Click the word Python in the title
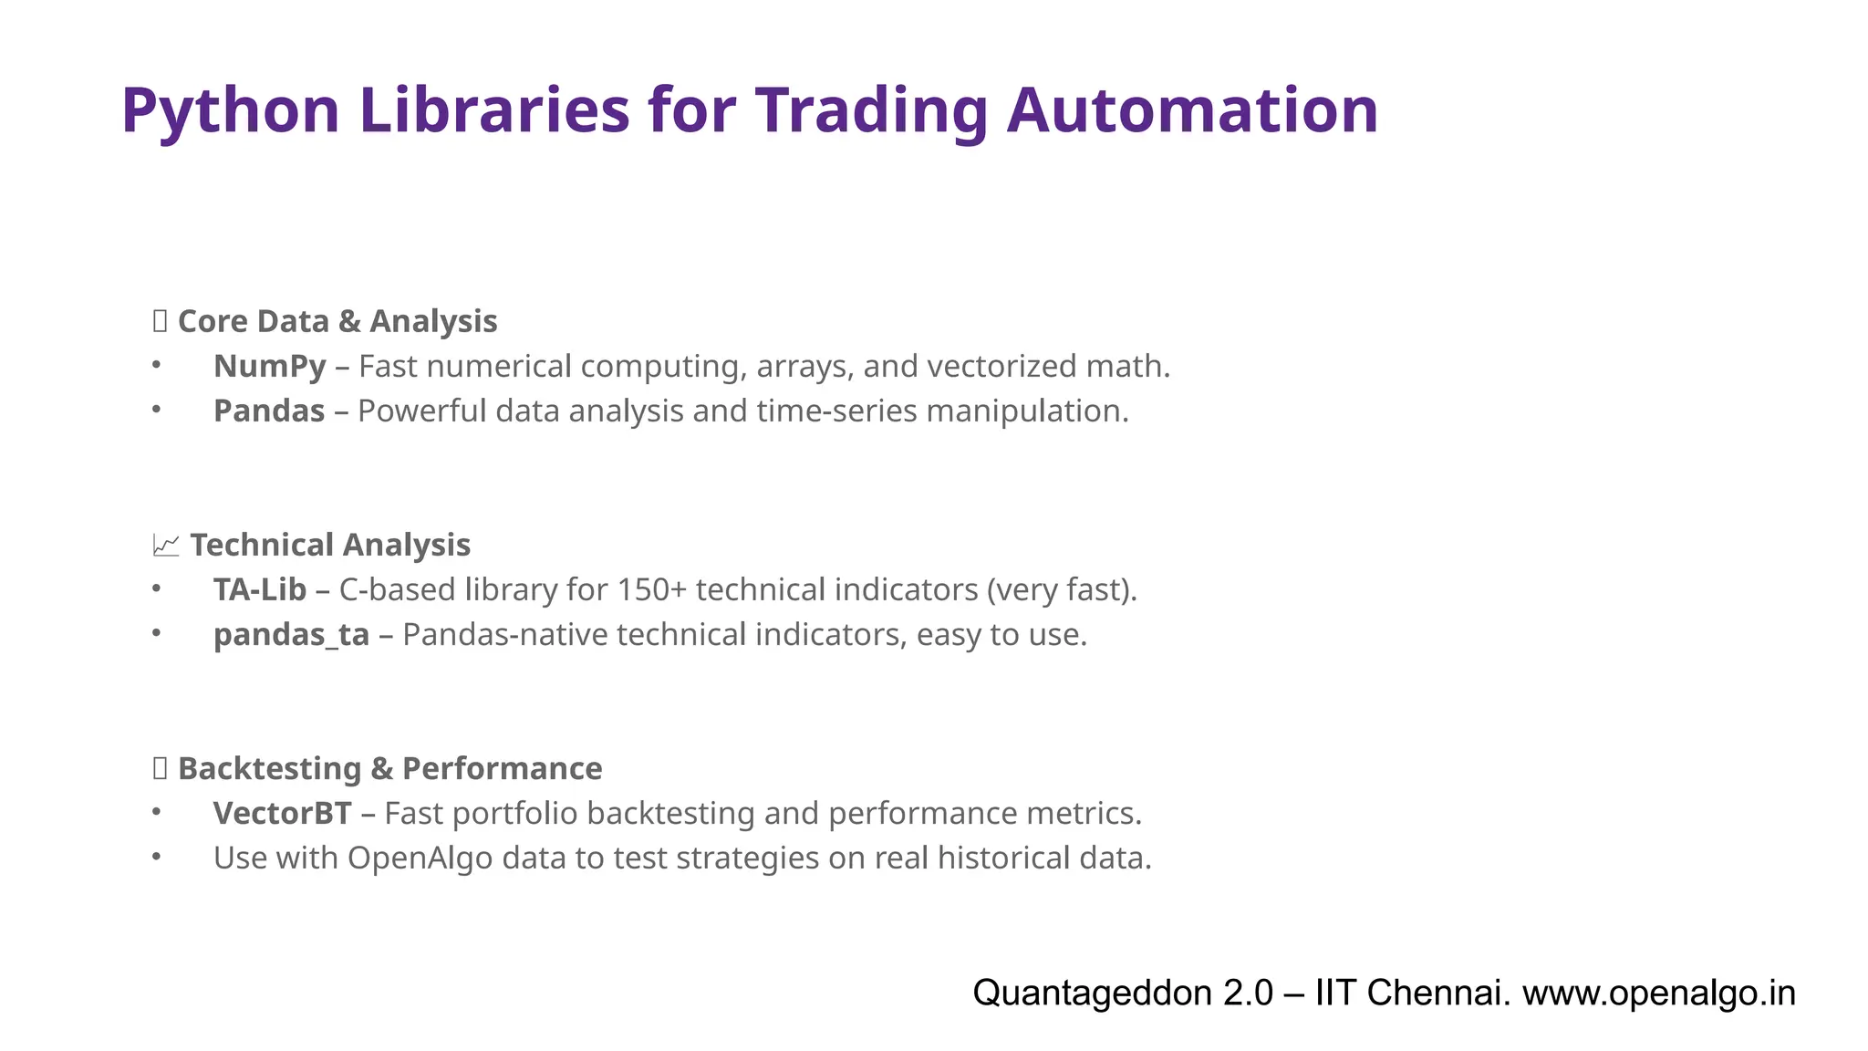[x=230, y=111]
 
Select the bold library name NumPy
[x=269, y=367]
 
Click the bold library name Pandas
[x=269, y=411]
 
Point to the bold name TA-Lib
[x=260, y=590]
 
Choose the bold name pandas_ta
[x=291, y=635]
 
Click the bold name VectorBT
[x=282, y=814]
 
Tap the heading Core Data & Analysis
[x=337, y=322]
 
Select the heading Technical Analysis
[x=330, y=546]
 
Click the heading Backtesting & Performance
[x=389, y=769]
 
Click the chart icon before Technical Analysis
[x=165, y=546]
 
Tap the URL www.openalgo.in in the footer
[x=1658, y=993]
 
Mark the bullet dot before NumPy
[x=157, y=365]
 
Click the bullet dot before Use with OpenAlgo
[x=157, y=857]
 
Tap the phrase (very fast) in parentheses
[x=1060, y=590]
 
